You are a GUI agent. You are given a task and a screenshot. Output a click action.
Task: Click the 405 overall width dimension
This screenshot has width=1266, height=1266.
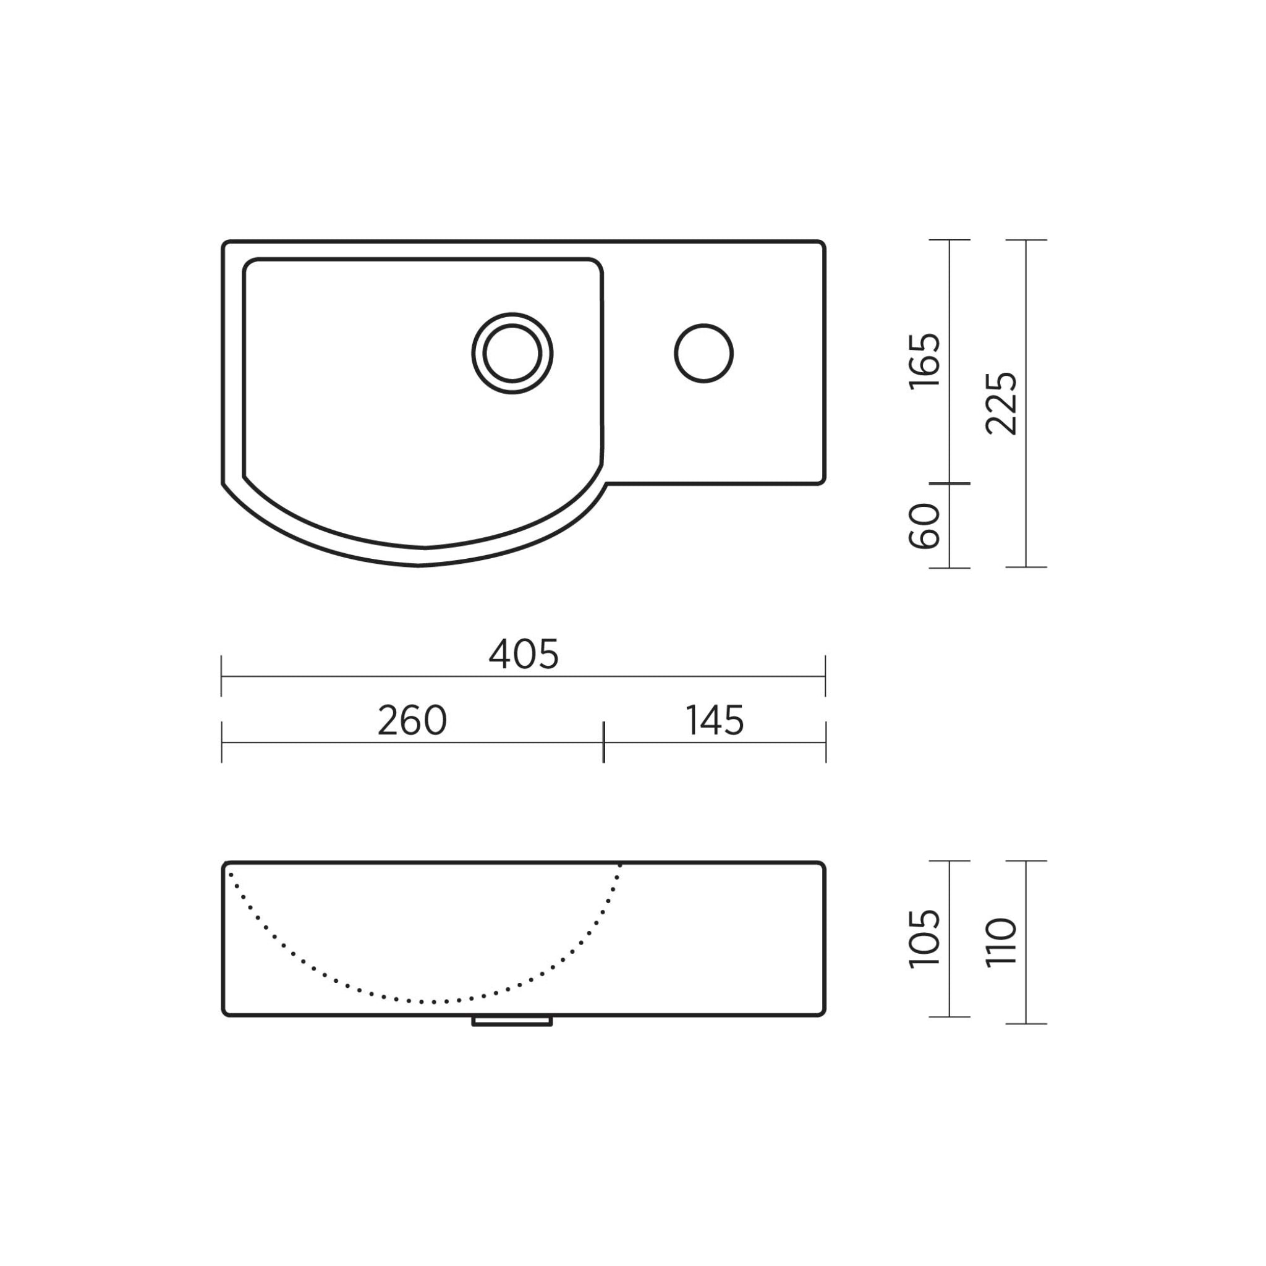point(524,655)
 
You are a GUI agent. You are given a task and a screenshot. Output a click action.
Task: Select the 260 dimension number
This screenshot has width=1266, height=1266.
point(412,721)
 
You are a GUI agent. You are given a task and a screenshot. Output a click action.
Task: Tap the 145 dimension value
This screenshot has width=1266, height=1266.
point(715,721)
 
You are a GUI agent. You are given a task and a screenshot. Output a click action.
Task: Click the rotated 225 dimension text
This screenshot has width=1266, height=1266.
point(1001,404)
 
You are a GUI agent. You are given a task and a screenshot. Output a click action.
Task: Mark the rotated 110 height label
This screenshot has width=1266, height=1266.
point(1001,941)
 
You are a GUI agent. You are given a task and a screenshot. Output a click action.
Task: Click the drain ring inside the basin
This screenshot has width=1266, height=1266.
point(512,353)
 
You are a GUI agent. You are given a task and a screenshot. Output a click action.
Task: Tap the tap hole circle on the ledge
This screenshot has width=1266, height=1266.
point(703,353)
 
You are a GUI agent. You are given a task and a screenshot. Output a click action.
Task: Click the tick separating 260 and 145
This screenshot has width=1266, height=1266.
point(603,742)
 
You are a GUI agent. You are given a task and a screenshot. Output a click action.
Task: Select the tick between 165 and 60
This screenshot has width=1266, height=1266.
point(949,483)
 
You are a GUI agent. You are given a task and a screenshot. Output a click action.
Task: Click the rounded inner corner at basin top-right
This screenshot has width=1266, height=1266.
point(596,265)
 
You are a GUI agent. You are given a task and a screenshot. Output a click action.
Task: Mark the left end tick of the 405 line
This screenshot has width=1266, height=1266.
point(221,676)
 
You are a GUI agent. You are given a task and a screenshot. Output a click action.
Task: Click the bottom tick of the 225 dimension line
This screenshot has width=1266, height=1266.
point(1026,567)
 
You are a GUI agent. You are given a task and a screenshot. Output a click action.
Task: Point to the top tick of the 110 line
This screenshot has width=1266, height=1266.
point(1026,861)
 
